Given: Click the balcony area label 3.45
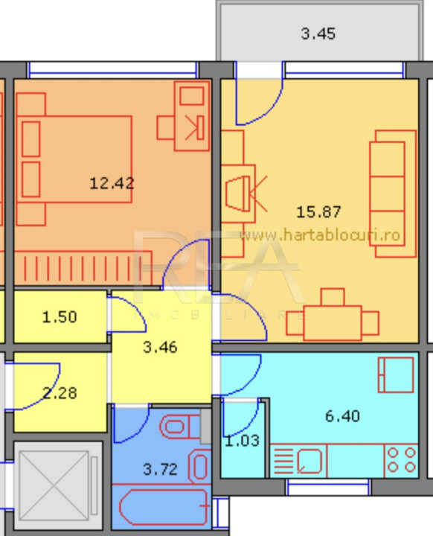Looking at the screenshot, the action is point(318,33).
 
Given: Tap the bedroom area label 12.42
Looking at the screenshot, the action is point(112,183).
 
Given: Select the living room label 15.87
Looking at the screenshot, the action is point(318,212).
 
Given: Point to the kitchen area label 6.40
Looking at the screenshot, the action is point(342,416).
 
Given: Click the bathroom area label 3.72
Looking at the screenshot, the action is point(160,469).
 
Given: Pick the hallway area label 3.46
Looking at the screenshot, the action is point(160,348).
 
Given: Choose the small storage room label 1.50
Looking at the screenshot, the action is point(60,317).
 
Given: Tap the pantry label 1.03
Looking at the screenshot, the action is point(243,441).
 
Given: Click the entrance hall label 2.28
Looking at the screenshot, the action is point(60,393).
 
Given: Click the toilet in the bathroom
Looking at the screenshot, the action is point(180,427).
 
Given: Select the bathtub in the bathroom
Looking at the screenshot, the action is point(164,507).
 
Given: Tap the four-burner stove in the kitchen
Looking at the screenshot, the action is point(401,460).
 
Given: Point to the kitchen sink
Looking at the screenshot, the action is point(309,461).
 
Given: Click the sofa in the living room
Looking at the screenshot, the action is point(393,194).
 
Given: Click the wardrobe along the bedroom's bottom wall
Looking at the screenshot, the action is point(83,268).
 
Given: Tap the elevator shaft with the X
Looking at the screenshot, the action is point(57,485).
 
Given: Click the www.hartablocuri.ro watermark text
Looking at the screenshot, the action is point(320,235).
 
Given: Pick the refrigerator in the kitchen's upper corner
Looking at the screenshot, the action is point(396,374).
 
